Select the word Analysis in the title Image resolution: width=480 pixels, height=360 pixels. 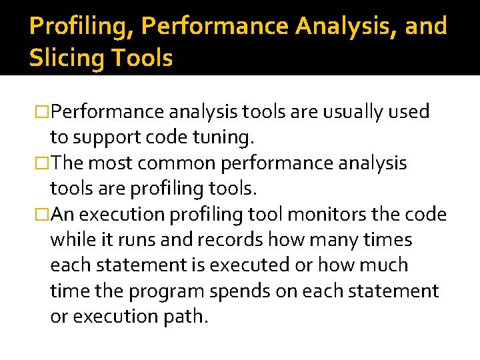click(x=346, y=26)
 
